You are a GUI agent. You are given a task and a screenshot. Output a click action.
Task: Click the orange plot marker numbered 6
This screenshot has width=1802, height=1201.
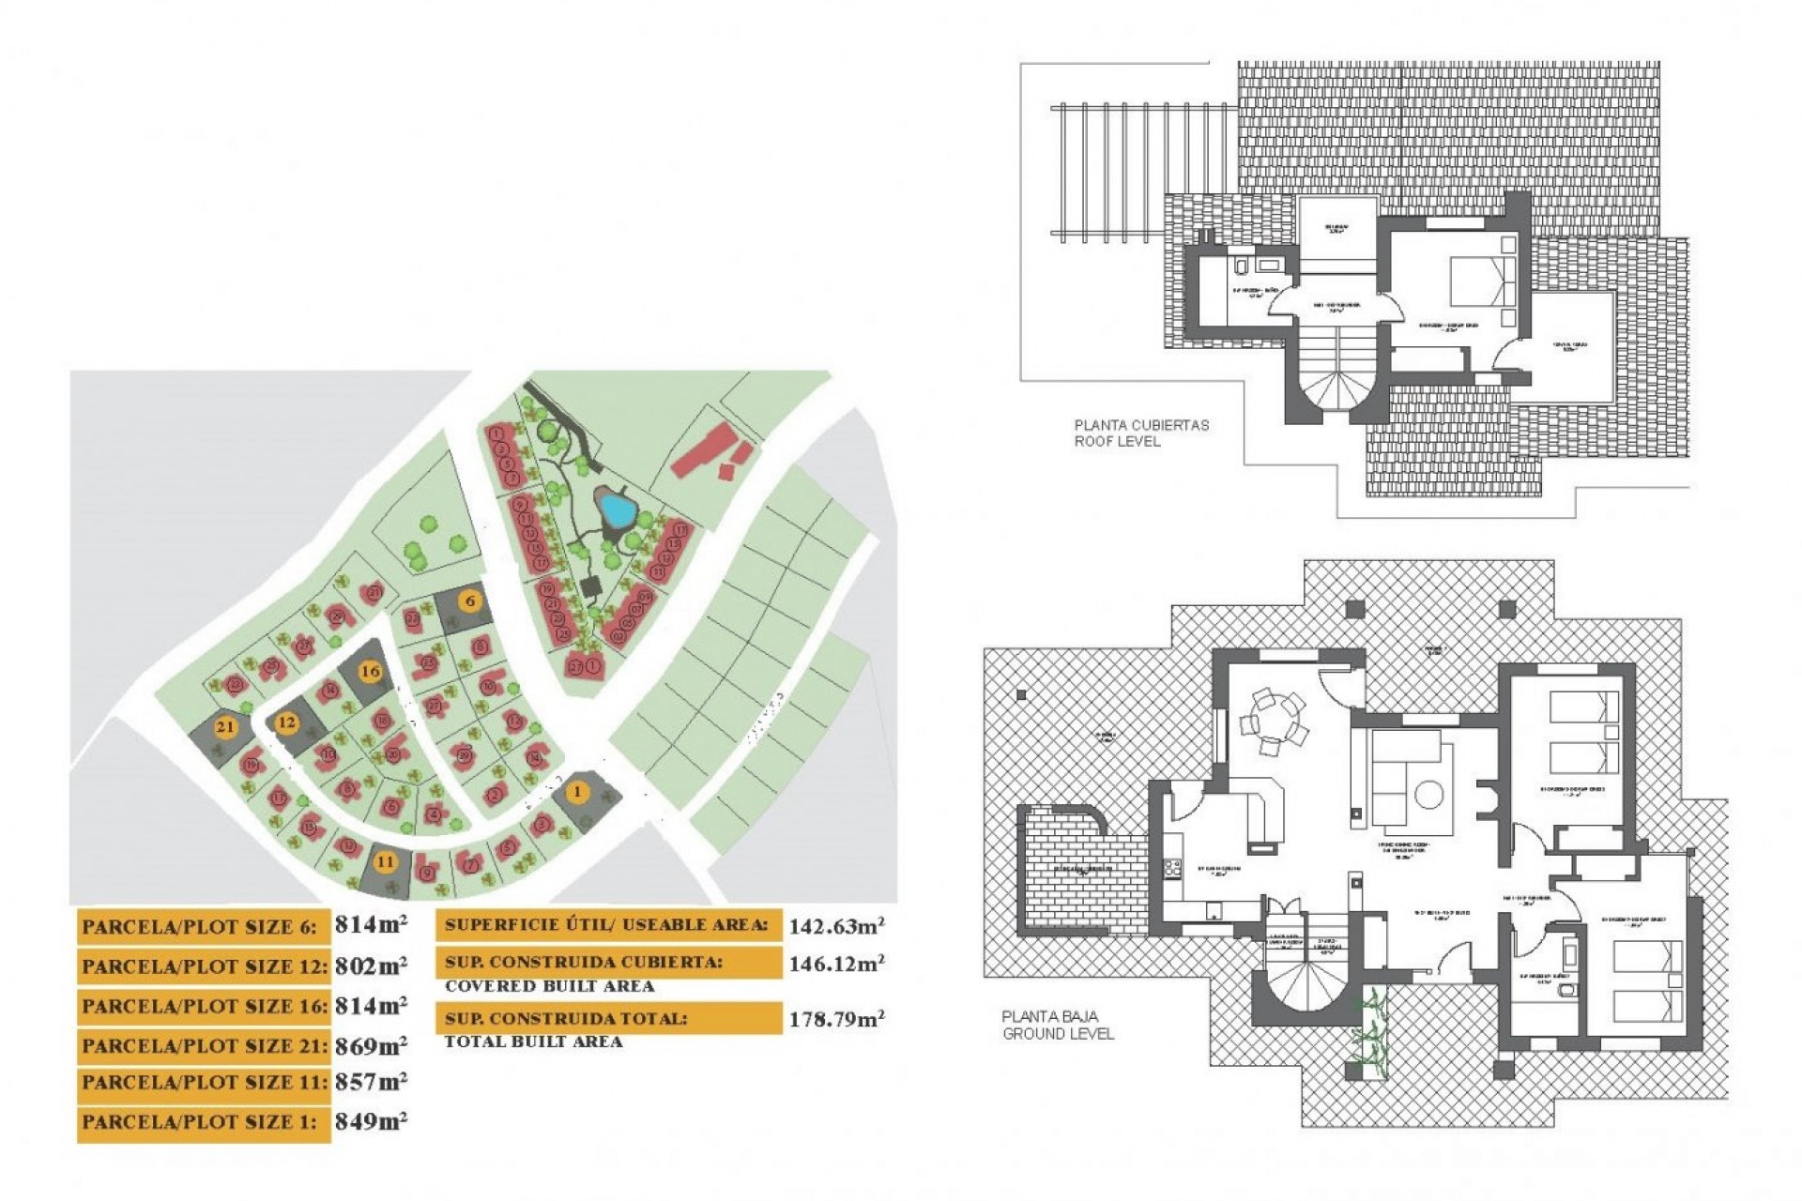469,600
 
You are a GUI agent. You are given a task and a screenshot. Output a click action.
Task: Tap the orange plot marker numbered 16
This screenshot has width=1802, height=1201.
372,672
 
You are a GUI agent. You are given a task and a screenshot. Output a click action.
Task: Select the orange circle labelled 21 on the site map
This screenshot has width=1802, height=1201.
224,727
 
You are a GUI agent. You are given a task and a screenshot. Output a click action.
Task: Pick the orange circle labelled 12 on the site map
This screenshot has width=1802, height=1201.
287,722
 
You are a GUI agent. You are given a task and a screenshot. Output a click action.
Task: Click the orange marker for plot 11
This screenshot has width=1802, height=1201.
385,861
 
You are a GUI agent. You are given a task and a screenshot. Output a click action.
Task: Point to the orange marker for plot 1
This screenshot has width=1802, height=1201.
577,792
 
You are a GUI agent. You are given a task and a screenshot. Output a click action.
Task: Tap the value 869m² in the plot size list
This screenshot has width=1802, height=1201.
371,1045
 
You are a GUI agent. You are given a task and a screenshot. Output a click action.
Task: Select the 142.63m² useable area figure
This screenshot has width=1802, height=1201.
836,927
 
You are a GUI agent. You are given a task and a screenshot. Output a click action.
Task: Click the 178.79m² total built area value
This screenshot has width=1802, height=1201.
836,1020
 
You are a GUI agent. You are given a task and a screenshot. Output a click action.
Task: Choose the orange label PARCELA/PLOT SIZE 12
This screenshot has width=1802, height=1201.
205,966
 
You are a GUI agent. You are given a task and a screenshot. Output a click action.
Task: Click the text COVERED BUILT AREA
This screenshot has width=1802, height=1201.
549,986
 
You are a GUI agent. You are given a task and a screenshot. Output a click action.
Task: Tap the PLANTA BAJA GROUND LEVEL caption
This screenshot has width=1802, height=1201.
1058,1025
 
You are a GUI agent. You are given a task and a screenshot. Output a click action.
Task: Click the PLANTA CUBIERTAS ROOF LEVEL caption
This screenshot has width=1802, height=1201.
1141,433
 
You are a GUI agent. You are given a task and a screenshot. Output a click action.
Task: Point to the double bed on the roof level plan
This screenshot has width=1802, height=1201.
1482,280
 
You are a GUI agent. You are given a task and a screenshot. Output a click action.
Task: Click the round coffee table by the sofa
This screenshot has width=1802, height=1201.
1428,795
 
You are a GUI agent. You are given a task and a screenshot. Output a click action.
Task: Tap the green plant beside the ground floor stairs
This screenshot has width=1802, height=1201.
1370,1032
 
